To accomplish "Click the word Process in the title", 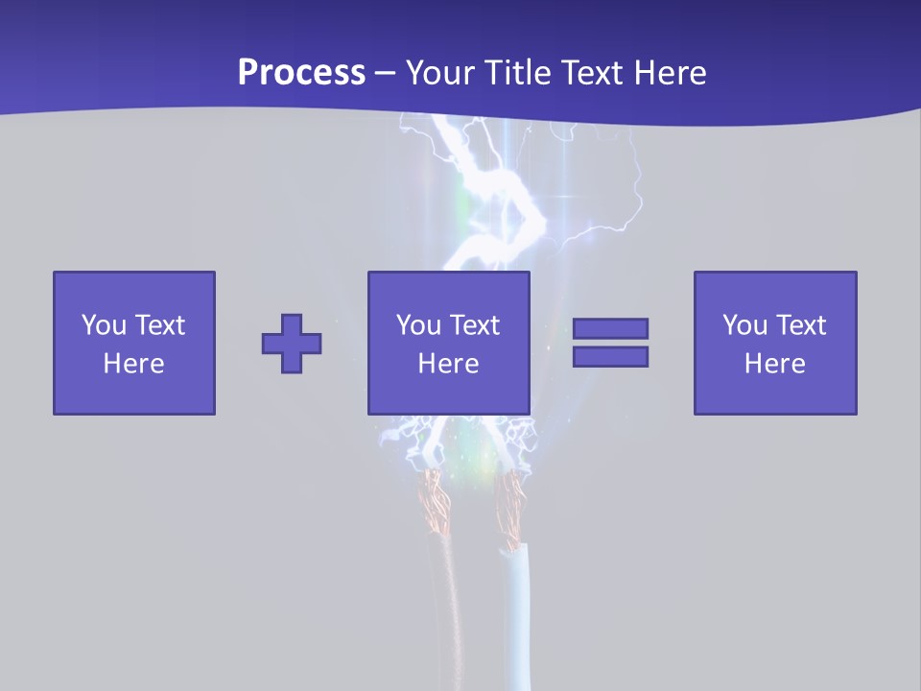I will point(301,72).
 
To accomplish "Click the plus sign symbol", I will point(292,344).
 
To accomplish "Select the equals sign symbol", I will point(610,343).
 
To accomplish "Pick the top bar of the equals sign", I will point(610,329).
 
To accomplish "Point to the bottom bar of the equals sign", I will point(610,356).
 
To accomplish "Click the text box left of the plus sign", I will point(134,343).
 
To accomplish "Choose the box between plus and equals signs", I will point(449,343).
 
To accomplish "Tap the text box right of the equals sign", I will point(775,343).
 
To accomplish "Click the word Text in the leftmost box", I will point(159,325).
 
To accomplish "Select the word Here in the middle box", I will point(449,364).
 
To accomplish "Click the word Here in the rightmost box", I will point(775,364).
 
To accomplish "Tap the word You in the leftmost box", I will point(104,325).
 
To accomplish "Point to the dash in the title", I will point(385,72).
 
